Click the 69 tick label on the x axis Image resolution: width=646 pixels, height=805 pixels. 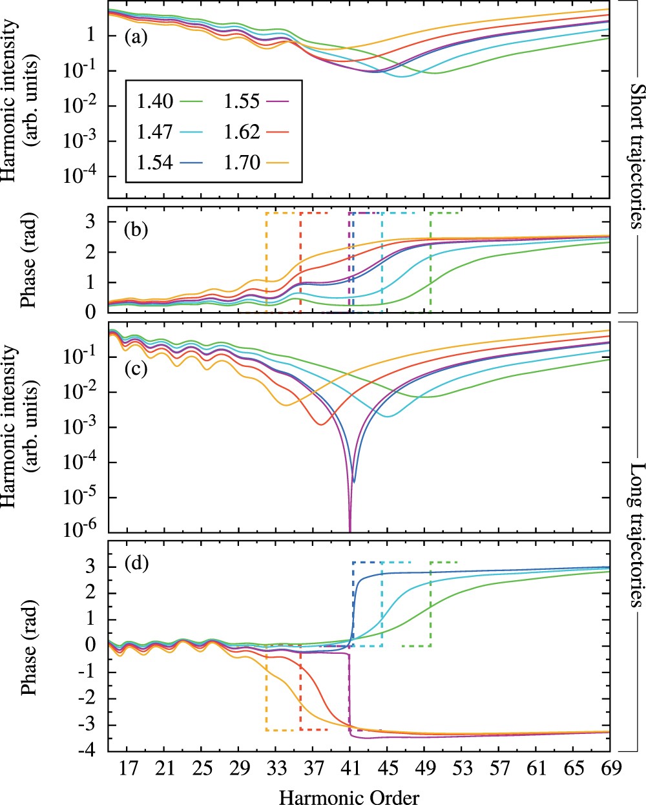610,770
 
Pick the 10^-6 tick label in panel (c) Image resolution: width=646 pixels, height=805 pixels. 83,532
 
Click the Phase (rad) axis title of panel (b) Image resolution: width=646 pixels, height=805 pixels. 29,260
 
